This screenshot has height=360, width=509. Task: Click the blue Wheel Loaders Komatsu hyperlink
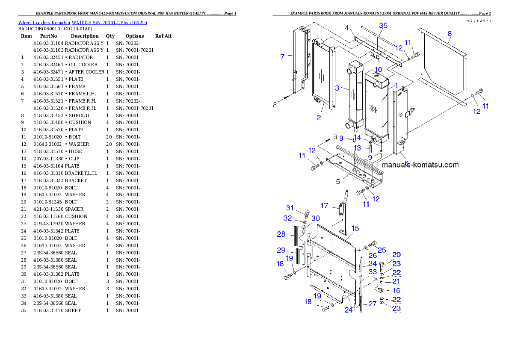click(x=83, y=23)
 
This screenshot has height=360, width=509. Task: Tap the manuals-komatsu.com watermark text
click(x=420, y=165)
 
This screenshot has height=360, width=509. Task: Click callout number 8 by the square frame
click(x=450, y=33)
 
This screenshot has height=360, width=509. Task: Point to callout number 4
click(x=347, y=28)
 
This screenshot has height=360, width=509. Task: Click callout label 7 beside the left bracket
click(x=282, y=57)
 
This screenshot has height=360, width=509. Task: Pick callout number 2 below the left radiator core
click(x=319, y=118)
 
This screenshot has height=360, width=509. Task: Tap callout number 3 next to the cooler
click(x=337, y=88)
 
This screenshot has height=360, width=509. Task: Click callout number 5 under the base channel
click(x=338, y=182)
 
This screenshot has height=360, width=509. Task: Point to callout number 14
click(x=358, y=138)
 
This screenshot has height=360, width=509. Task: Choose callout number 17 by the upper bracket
click(x=324, y=206)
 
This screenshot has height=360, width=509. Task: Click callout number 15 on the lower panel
click(x=355, y=229)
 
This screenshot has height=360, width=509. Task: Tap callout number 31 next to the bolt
click(x=290, y=208)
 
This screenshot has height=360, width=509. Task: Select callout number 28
click(x=281, y=234)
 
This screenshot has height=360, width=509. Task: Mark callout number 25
click(x=382, y=250)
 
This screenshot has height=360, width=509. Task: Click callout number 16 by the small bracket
click(x=396, y=291)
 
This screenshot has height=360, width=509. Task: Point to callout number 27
click(x=372, y=304)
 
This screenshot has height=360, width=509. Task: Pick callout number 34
click(x=373, y=264)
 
